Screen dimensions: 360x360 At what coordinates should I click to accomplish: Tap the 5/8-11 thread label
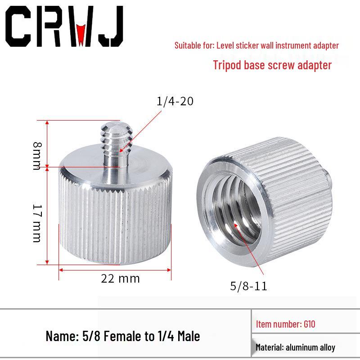[x=248, y=286]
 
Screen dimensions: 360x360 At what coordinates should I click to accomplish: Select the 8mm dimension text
[x=37, y=155]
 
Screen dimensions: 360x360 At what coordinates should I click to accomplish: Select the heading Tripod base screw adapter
[x=272, y=65]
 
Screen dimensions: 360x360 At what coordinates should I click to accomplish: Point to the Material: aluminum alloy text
[x=295, y=347]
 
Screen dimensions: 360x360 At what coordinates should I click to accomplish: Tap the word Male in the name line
[x=187, y=336]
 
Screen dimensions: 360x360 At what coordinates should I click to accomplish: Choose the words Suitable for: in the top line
[x=194, y=45]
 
